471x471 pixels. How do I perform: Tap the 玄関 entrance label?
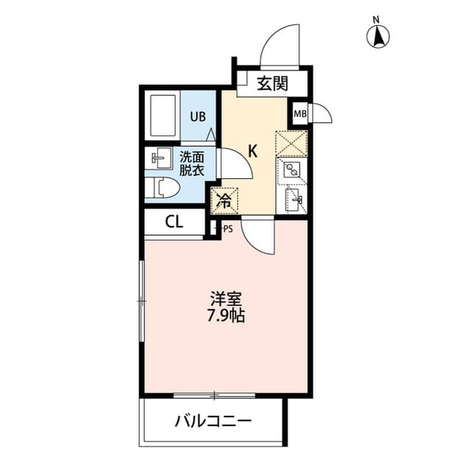tap(272, 83)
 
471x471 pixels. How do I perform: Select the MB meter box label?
tap(300, 114)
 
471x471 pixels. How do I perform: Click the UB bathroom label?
tap(198, 116)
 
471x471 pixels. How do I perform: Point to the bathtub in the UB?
tap(163, 116)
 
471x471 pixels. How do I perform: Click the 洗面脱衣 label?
tap(191, 163)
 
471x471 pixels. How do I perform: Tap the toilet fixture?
tap(162, 188)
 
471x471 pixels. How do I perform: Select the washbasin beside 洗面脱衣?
tap(159, 158)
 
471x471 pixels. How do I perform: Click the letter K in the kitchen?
tap(253, 151)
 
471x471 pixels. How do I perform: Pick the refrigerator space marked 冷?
tap(224, 201)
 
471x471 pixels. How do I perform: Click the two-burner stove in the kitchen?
tap(291, 170)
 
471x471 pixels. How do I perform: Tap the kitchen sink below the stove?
tap(294, 199)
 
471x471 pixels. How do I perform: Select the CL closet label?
tap(174, 222)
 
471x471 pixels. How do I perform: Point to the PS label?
tap(228, 229)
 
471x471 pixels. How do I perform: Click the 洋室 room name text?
tap(226, 300)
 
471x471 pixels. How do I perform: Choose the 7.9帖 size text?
tap(226, 316)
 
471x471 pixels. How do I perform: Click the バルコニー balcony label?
tap(213, 421)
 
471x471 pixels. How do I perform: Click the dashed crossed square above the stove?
tap(291, 144)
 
